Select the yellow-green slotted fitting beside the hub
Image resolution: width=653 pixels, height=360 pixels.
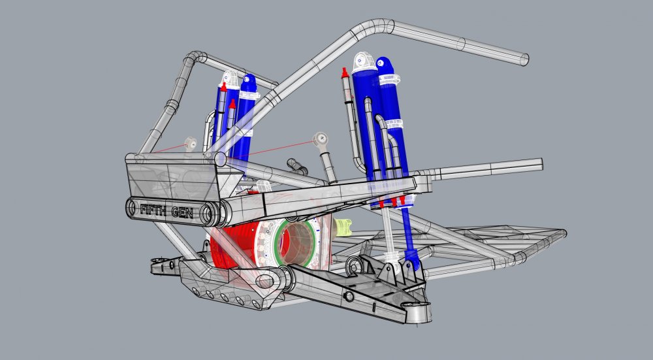[x=343, y=227]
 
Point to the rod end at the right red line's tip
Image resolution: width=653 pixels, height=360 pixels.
[x=320, y=139]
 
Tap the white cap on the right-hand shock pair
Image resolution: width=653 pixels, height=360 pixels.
[x=364, y=63]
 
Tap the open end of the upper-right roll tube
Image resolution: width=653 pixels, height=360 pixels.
[x=523, y=58]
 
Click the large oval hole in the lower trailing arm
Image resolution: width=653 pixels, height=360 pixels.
[x=265, y=282]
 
